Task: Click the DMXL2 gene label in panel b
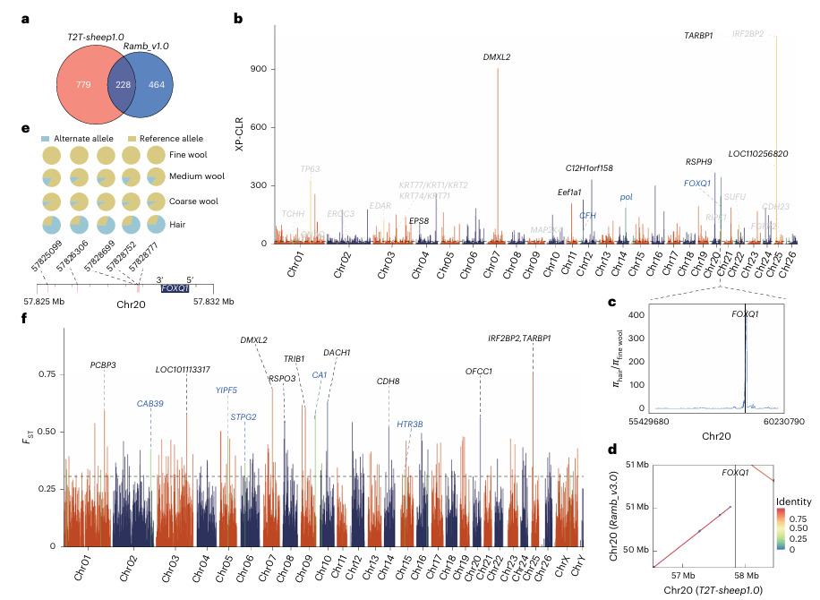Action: click(x=497, y=57)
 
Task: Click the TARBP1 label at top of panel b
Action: click(x=698, y=34)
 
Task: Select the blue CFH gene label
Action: click(x=587, y=215)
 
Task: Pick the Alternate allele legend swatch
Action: click(x=46, y=139)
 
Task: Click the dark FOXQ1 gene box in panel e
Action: click(x=174, y=288)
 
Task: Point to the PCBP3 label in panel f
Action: click(x=104, y=364)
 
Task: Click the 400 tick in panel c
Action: click(x=636, y=316)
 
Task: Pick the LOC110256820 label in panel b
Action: click(x=757, y=154)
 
